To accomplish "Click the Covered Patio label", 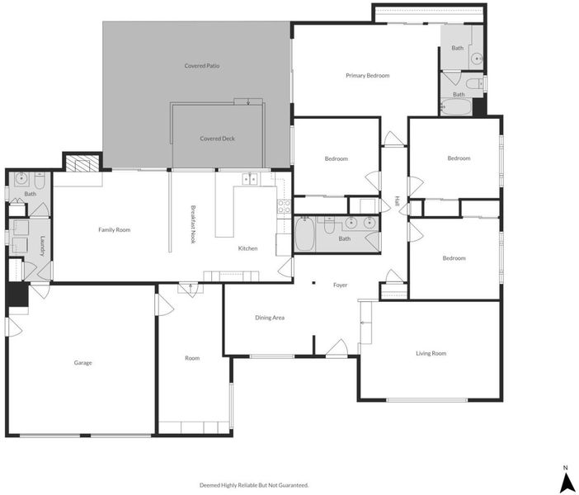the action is tap(202, 66).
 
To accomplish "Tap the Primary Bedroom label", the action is tap(367, 75).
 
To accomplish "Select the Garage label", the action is tap(82, 363).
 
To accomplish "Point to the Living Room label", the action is tap(431, 354).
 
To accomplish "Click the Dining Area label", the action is tap(270, 318).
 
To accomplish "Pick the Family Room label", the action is tap(114, 230).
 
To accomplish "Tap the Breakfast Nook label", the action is tap(193, 224).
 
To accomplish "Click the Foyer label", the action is tap(340, 285).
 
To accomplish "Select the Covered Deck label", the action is tap(217, 139).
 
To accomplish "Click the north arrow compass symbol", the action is tap(565, 480).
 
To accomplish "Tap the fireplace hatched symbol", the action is tap(82, 163).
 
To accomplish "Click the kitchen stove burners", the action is tap(284, 206).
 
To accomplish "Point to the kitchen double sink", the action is tap(250, 179).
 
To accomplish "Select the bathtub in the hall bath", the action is tap(304, 234).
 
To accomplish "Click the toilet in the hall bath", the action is tap(328, 225).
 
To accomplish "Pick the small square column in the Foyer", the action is tap(313, 283).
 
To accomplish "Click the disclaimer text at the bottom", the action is tap(254, 485).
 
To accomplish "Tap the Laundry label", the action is tap(42, 246).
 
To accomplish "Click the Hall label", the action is tap(398, 201).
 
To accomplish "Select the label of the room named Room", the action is tap(192, 358).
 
